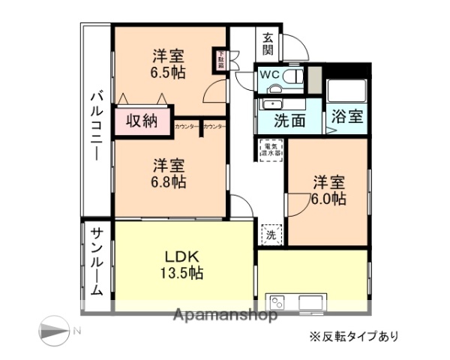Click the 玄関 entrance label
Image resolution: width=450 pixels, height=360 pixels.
[x=268, y=44]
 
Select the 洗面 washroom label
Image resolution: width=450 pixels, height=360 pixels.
[x=288, y=120]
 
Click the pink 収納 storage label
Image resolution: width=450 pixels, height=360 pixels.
[x=141, y=120]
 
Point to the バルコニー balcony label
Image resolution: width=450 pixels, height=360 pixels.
[x=97, y=124]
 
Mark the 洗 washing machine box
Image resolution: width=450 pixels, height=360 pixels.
[x=271, y=234]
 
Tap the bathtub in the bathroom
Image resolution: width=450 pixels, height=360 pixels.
[x=346, y=91]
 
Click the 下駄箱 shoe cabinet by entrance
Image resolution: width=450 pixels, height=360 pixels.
[x=220, y=60]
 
